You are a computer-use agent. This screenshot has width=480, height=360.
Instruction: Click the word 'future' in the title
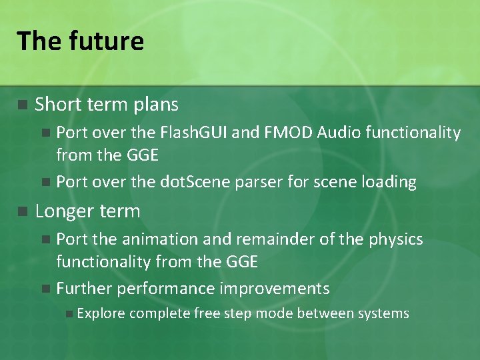(106, 41)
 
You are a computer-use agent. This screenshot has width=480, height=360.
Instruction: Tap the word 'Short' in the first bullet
(55, 105)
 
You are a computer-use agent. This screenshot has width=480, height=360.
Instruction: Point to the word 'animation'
(153, 239)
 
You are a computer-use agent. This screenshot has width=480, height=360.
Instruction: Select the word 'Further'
(82, 289)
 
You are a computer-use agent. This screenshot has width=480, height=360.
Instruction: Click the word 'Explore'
(101, 314)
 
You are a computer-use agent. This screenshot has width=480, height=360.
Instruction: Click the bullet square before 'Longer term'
(22, 212)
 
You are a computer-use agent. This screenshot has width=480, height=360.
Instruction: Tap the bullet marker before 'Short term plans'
(22, 105)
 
